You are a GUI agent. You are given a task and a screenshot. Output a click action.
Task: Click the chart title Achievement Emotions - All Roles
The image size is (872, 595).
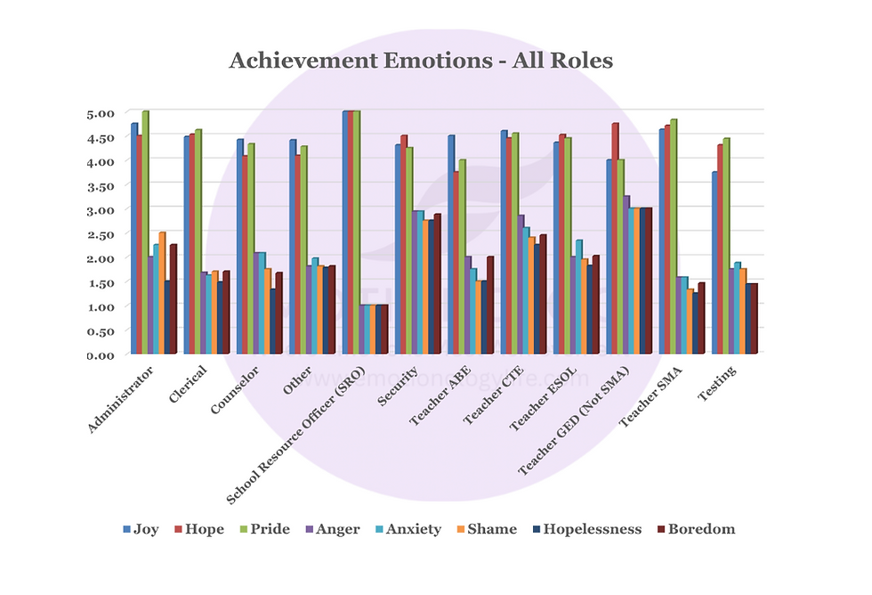pos(421,61)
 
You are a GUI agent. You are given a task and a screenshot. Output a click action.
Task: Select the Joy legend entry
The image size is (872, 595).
pos(141,529)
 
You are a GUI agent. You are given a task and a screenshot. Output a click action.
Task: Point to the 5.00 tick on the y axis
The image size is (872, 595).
pos(101,114)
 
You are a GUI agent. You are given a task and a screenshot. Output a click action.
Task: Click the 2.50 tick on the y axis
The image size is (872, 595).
pos(101,234)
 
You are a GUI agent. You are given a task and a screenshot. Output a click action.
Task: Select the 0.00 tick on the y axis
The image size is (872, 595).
pos(101,355)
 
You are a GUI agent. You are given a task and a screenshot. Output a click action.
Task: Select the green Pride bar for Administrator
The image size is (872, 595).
pos(145,232)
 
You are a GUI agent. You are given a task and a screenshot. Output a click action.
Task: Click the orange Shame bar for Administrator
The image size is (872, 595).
pos(162,293)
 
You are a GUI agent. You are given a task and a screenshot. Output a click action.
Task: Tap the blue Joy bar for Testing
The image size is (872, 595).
pos(715,263)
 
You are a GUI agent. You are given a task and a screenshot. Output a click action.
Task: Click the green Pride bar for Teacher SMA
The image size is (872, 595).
pos(674,237)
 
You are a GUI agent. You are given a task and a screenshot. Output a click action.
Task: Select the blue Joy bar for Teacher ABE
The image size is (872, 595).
pos(451,245)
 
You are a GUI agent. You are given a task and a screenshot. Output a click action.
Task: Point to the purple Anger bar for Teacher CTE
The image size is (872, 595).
pos(521,284)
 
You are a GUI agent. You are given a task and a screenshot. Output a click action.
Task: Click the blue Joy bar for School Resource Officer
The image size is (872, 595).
pos(345,232)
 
